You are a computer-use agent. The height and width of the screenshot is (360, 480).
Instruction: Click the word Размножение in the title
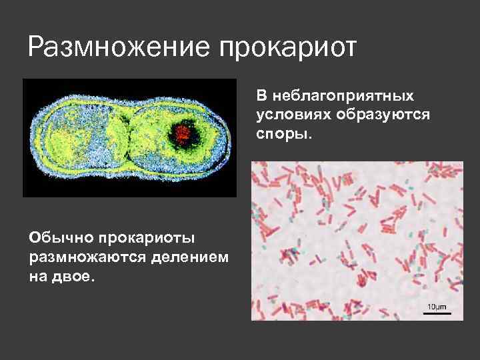pos(113,47)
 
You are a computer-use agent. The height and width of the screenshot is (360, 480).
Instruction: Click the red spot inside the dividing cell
pos(183,133)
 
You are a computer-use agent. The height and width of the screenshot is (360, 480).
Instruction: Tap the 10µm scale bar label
pos(435,306)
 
